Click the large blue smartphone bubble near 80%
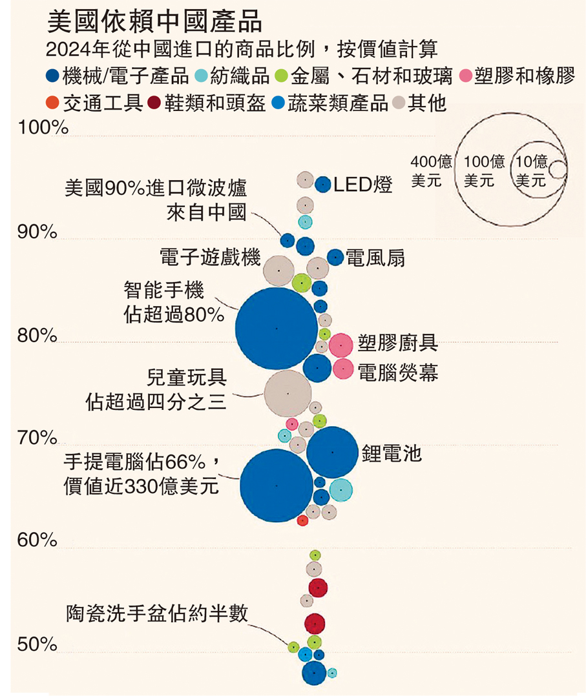(x=277, y=329)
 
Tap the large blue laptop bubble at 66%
(x=277, y=485)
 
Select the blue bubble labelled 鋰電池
(x=332, y=452)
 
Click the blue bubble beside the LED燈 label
(x=323, y=185)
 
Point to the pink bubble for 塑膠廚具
(x=340, y=345)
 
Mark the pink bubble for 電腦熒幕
(x=343, y=369)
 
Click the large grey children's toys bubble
(x=288, y=393)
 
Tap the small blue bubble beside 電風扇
(x=335, y=257)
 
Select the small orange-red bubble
(x=302, y=520)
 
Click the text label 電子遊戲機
(x=210, y=259)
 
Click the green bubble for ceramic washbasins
(x=293, y=646)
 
